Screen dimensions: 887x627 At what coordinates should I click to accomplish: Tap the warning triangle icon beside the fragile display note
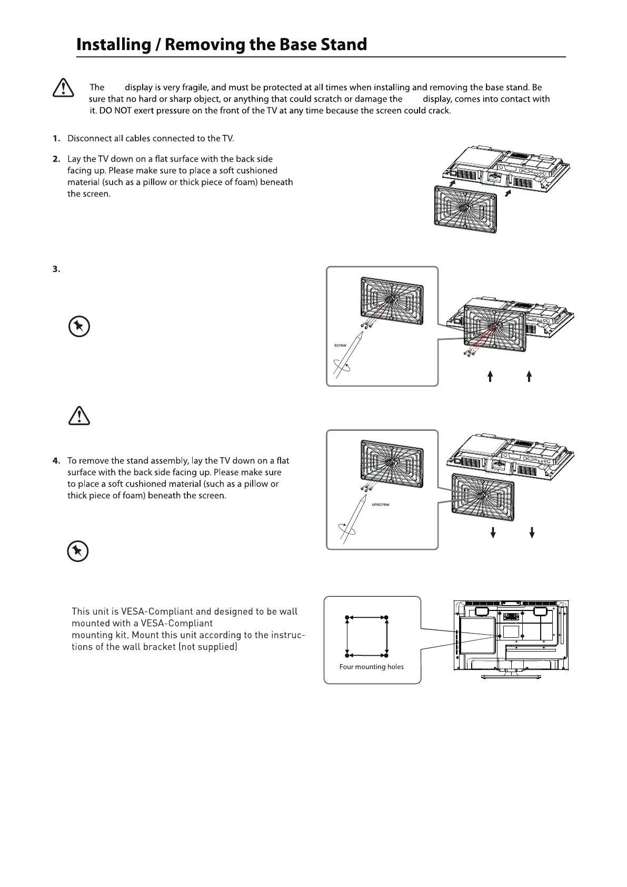pos(63,87)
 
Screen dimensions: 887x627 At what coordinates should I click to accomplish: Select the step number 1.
pos(56,139)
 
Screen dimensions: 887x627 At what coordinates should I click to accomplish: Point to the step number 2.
pos(56,159)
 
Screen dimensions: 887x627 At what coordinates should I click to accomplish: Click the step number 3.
pos(56,270)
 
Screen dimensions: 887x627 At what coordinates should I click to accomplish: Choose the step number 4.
pos(56,461)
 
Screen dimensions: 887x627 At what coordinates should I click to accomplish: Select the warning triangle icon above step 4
pos(79,416)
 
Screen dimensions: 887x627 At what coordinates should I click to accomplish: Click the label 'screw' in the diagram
pos(340,345)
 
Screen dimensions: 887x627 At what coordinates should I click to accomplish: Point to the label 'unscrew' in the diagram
pos(380,505)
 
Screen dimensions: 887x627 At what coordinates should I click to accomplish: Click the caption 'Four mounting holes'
pos(371,667)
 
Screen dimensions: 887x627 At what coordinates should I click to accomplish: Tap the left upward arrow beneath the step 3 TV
pos(490,376)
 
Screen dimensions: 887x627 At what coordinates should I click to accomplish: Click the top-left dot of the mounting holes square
pos(346,617)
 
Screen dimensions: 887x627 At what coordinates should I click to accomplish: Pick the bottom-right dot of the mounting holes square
pos(387,656)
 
